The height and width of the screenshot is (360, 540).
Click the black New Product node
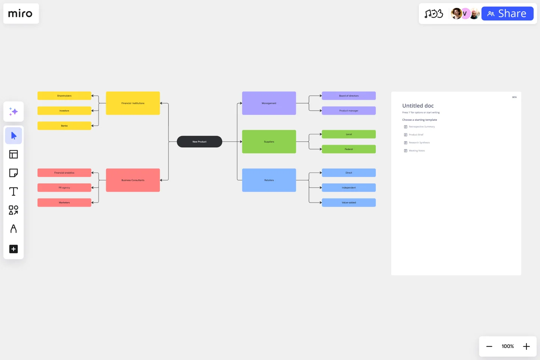coord(199,142)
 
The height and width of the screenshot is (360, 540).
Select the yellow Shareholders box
coord(64,96)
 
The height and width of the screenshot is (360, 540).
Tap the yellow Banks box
coord(64,126)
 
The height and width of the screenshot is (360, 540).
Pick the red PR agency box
coord(64,188)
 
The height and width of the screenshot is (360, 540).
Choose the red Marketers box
coord(64,203)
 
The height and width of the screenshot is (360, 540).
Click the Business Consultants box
coord(133,180)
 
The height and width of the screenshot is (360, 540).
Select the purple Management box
coord(269,103)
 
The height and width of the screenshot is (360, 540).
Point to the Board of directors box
coord(349,96)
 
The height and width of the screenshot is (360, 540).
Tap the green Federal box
coord(349,149)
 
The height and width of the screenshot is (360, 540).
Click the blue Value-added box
coord(349,203)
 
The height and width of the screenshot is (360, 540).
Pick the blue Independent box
coord(349,188)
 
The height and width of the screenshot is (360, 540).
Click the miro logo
coord(21,14)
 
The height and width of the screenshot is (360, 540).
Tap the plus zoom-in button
coord(526,346)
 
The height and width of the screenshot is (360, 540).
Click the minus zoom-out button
coord(489,346)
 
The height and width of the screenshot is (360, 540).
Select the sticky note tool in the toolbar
coord(13,173)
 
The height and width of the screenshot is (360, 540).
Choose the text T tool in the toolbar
coord(13,192)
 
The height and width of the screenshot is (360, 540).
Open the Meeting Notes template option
coord(417,151)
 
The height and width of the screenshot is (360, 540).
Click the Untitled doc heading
coord(418,106)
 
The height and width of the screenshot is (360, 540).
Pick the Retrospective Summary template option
coord(421,127)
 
